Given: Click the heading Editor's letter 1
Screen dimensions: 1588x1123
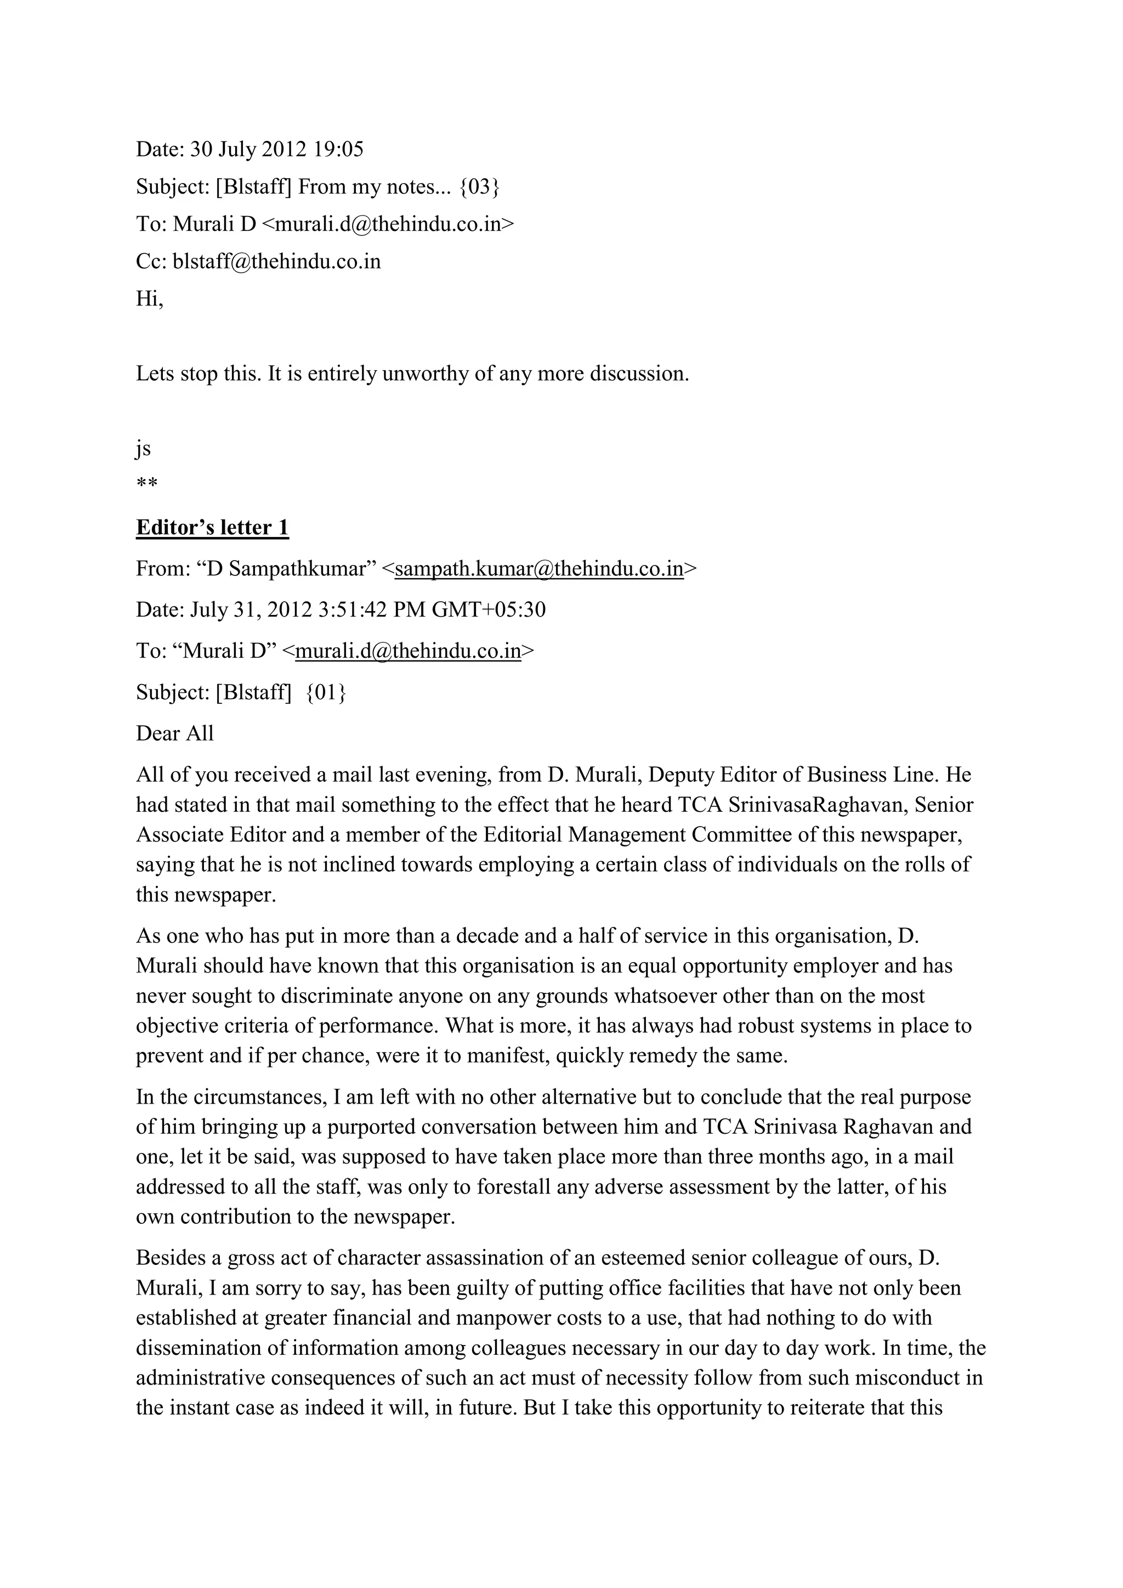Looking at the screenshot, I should [212, 528].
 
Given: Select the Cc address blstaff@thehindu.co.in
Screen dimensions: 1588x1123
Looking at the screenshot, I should [276, 262].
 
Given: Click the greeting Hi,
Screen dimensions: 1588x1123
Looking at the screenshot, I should [149, 299].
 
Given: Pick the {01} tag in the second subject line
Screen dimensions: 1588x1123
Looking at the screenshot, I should [326, 692].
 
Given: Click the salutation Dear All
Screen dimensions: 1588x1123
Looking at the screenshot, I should [175, 733].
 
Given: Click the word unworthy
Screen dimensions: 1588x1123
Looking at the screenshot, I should [424, 374].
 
